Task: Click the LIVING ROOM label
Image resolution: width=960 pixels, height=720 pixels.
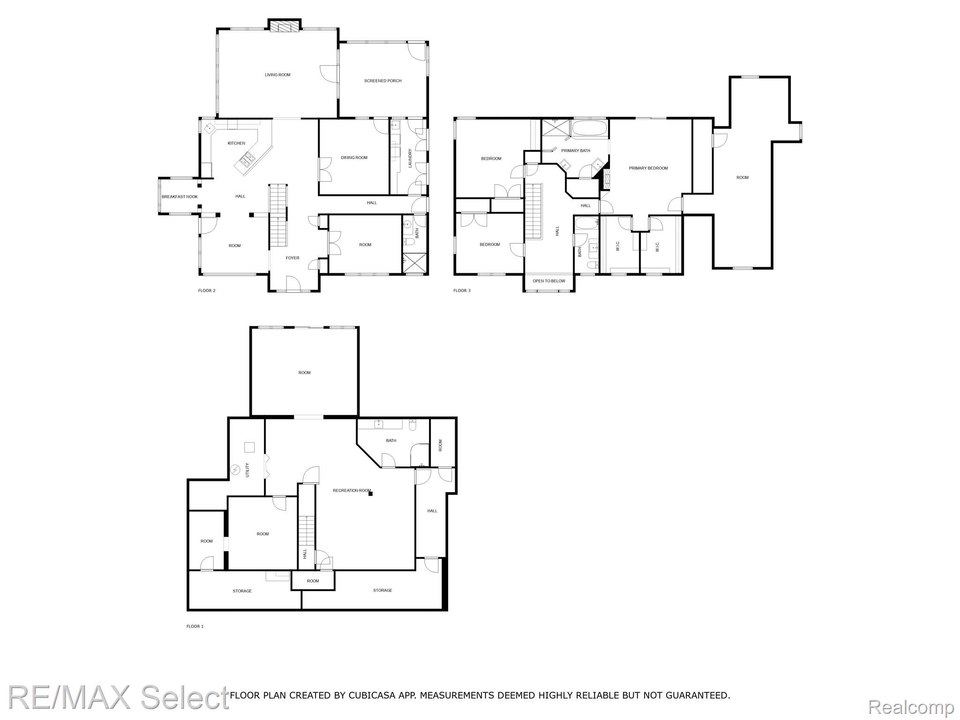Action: coord(277,75)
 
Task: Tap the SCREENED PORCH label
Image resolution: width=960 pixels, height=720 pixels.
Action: coord(383,81)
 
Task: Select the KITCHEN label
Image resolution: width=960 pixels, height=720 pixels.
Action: coord(236,143)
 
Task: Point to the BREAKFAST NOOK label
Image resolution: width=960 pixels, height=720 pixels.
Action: coord(180,197)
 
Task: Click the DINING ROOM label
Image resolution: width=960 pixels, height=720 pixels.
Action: coord(354,158)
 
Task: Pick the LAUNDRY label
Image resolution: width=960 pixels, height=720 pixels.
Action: coord(410,158)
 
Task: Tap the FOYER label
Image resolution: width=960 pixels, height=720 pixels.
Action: coord(292,258)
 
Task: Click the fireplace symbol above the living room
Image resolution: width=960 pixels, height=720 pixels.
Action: coord(284,26)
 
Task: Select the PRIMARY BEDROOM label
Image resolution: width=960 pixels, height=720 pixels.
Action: coord(648,168)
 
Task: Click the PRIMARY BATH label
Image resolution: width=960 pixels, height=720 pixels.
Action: coord(576,151)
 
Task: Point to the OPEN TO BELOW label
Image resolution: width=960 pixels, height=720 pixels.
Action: coord(549,281)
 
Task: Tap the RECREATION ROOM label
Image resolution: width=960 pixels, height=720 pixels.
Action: coord(352,491)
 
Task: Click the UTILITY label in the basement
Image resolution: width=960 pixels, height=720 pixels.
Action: coord(247,470)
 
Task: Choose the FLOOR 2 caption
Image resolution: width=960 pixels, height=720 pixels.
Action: coord(207,291)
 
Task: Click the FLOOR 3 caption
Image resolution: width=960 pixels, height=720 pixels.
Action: coord(462,291)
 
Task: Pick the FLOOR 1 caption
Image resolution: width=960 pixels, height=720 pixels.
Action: coord(195,626)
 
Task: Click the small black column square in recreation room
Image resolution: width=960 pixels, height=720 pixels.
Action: coord(370,493)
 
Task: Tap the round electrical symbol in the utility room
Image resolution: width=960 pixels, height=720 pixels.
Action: coord(235,469)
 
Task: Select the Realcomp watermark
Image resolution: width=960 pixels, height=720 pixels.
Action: coord(911,707)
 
